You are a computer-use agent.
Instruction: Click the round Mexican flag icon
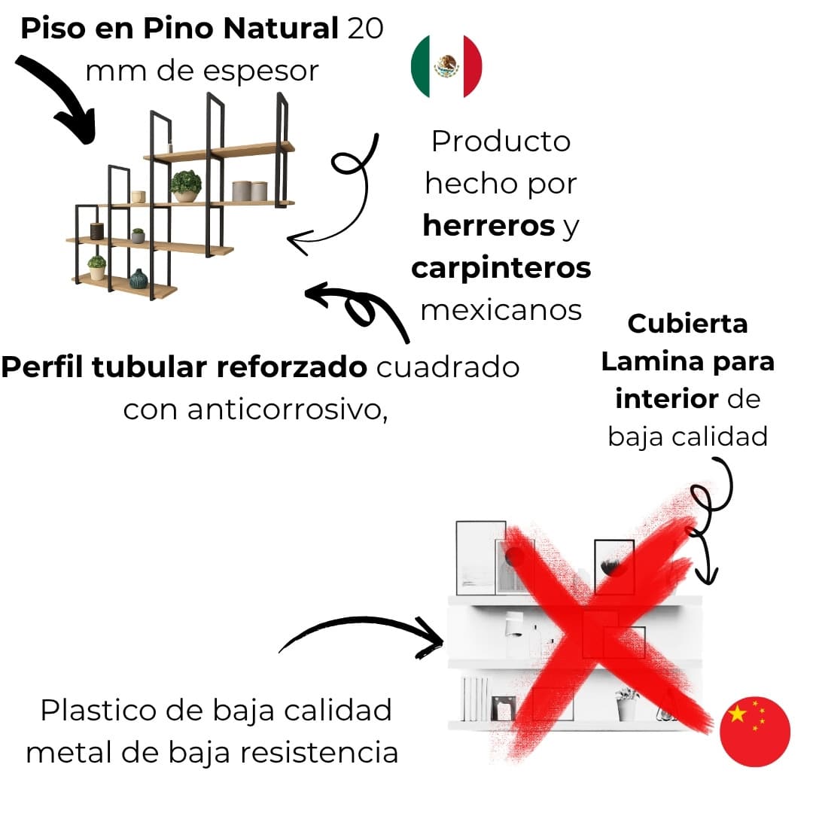pos(446,66)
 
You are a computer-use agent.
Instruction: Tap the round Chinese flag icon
pos(755,731)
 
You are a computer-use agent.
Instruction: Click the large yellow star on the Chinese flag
pos(738,714)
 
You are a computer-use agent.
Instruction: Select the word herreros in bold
pos(488,226)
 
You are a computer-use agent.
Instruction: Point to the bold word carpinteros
pos(501,268)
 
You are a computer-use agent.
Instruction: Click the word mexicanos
pos(501,309)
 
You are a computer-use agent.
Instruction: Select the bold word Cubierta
pos(687,324)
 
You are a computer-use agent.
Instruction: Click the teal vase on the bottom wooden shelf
pos(139,279)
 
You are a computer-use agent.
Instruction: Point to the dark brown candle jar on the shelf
pos(96,230)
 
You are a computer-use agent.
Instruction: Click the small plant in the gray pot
pos(138,236)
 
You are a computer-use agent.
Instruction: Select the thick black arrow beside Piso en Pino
pos(56,98)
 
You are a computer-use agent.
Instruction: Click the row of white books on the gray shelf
pos(474,699)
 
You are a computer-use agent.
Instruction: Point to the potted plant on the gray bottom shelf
pos(626,703)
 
